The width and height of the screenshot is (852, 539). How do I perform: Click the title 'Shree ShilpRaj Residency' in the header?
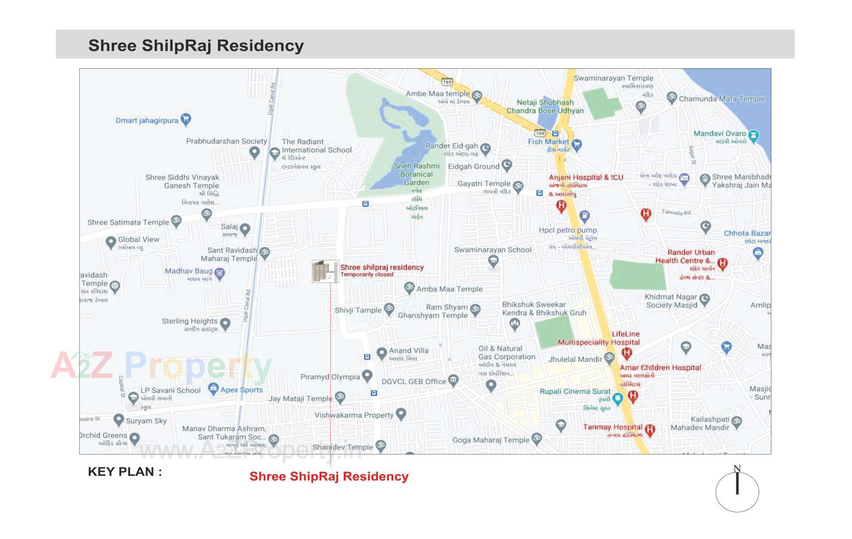tap(196, 45)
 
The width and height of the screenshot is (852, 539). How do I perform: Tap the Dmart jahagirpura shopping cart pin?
tap(186, 119)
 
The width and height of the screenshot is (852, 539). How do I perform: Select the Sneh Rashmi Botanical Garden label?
tap(417, 174)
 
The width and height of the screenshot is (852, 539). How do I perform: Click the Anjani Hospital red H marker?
tap(561, 206)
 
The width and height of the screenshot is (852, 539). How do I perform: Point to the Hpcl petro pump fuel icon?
tap(585, 216)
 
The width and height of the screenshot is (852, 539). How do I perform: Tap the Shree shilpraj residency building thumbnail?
tap(325, 271)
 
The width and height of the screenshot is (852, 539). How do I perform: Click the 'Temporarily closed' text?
tap(367, 274)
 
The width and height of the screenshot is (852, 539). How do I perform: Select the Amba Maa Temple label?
tap(449, 289)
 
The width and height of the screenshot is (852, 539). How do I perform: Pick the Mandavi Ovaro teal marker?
tap(753, 135)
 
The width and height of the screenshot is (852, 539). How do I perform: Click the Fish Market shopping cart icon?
tap(577, 144)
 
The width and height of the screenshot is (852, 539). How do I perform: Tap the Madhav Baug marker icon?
tap(219, 273)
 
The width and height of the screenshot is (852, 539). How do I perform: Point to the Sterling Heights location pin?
tap(225, 324)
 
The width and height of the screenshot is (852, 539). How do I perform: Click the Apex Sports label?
tap(241, 390)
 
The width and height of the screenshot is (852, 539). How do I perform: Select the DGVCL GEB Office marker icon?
tap(453, 380)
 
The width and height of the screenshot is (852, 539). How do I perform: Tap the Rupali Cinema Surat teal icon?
tap(617, 398)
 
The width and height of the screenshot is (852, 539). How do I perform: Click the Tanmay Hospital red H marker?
tap(650, 430)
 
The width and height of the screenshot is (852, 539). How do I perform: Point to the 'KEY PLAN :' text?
tap(125, 472)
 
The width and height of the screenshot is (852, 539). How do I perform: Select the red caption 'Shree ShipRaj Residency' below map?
tap(329, 477)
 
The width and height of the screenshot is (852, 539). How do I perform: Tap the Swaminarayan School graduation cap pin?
tap(493, 261)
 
